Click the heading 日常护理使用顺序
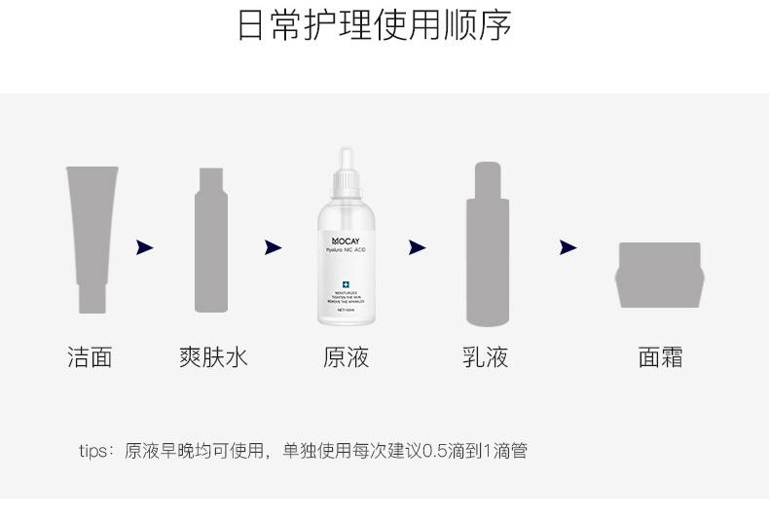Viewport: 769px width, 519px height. pos(375,26)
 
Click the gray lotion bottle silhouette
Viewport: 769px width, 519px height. pos(488,248)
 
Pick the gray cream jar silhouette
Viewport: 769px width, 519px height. pos(660,275)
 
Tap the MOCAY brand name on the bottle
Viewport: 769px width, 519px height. pos(346,238)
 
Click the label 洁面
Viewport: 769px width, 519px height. pos(90,357)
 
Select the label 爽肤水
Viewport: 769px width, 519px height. pos(213,357)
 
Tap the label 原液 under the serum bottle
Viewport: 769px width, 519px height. pos(346,357)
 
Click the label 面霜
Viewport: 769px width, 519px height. pos(660,357)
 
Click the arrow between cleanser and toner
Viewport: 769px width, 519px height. pos(145,247)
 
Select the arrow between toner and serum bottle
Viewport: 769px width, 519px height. pos(273,247)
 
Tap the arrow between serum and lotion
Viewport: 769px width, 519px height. pos(417,247)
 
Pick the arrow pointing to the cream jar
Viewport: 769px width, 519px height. pos(568,247)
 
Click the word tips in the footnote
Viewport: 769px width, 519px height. pos(93,451)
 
